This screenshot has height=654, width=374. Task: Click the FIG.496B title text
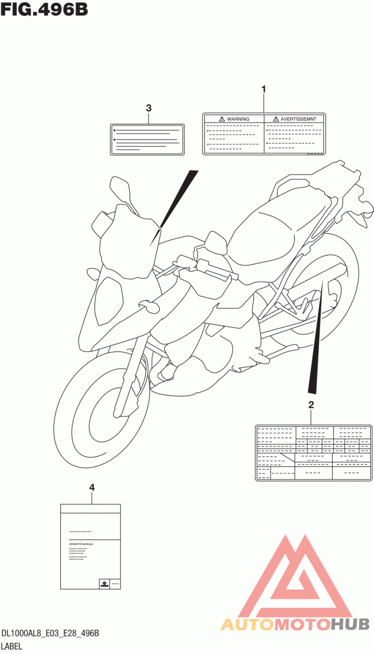tap(44, 9)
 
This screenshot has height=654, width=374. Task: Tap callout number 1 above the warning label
tap(264, 89)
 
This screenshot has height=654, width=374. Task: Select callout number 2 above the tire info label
tap(311, 405)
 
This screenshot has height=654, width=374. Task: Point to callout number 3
tap(149, 108)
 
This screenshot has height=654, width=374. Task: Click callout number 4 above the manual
tap(92, 487)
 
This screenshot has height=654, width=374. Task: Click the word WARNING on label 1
tap(238, 119)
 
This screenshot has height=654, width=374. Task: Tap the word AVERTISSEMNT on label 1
tap(298, 119)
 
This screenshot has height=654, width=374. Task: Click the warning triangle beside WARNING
tap(222, 119)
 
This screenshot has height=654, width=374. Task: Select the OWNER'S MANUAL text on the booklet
tap(81, 544)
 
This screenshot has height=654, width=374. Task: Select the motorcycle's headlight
tap(108, 301)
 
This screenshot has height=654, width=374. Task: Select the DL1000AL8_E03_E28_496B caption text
tap(50, 633)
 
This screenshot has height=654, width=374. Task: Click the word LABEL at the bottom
tap(12, 646)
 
